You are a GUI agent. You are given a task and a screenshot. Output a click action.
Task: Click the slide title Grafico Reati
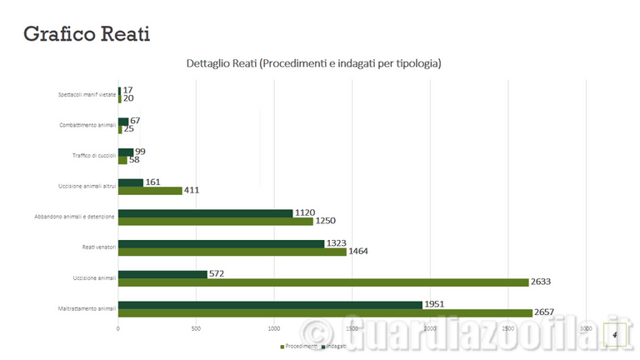click(x=86, y=34)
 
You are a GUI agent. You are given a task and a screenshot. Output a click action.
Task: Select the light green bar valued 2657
click(x=325, y=312)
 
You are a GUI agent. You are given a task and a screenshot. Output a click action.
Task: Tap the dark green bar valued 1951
click(x=270, y=304)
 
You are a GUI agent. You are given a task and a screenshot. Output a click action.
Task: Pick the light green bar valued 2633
click(x=323, y=282)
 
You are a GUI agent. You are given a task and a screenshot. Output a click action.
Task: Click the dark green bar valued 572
click(x=162, y=274)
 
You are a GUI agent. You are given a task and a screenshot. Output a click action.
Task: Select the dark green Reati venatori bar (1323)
click(x=221, y=243)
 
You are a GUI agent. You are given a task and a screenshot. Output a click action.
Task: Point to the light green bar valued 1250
click(x=215, y=221)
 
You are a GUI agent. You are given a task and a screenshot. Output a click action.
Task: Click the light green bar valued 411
click(x=150, y=190)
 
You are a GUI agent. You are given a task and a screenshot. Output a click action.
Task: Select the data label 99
click(x=140, y=151)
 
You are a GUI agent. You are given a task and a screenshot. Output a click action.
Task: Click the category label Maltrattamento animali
click(x=87, y=308)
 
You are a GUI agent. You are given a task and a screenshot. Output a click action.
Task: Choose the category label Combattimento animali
click(x=87, y=125)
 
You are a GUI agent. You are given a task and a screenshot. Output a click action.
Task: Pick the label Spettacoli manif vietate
click(x=87, y=94)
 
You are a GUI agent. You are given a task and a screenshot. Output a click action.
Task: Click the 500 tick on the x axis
click(x=195, y=330)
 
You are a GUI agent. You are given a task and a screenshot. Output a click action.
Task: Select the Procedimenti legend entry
click(x=298, y=345)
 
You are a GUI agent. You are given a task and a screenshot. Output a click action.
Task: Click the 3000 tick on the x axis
click(x=586, y=330)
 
